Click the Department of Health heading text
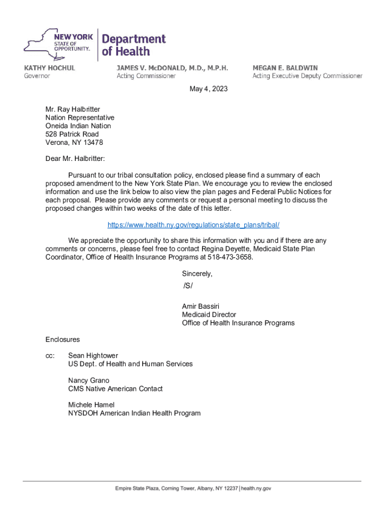click(x=133, y=45)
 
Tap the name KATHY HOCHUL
click(x=49, y=67)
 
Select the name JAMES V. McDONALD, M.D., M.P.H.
click(x=172, y=67)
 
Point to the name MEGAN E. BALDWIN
click(x=285, y=67)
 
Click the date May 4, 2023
click(x=209, y=89)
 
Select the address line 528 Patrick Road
click(x=72, y=134)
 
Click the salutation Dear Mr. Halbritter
click(x=75, y=159)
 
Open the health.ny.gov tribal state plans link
click(x=193, y=225)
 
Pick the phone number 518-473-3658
click(x=230, y=257)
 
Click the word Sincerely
click(x=197, y=274)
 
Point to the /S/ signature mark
click(x=188, y=286)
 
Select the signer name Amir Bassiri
click(x=201, y=306)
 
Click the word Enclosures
click(x=62, y=339)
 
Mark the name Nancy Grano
click(x=88, y=380)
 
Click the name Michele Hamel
click(x=91, y=405)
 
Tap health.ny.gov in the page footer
click(x=256, y=488)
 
